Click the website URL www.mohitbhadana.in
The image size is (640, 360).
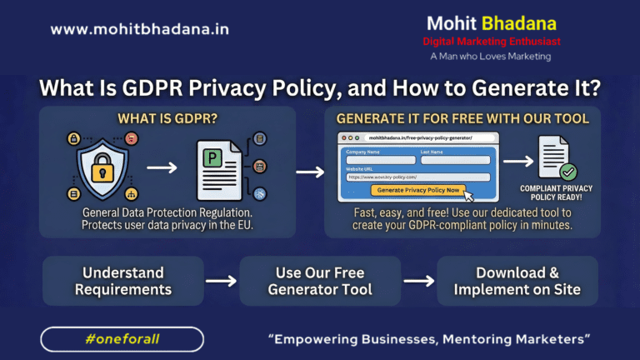pyautogui.click(x=139, y=29)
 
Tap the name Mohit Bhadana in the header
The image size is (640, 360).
pyautogui.click(x=491, y=22)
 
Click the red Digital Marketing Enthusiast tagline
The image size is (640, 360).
pyautogui.click(x=491, y=41)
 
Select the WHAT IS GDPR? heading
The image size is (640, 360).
pyautogui.click(x=167, y=117)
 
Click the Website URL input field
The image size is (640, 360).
pyautogui.click(x=417, y=177)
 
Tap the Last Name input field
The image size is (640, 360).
pyautogui.click(x=456, y=160)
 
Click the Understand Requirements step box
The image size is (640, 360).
pyautogui.click(x=123, y=281)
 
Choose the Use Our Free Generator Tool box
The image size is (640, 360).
pyautogui.click(x=320, y=281)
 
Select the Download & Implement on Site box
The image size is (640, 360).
pyautogui.click(x=517, y=281)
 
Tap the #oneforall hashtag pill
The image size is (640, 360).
pyautogui.click(x=122, y=338)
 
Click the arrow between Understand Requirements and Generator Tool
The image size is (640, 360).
pyautogui.click(x=221, y=281)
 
